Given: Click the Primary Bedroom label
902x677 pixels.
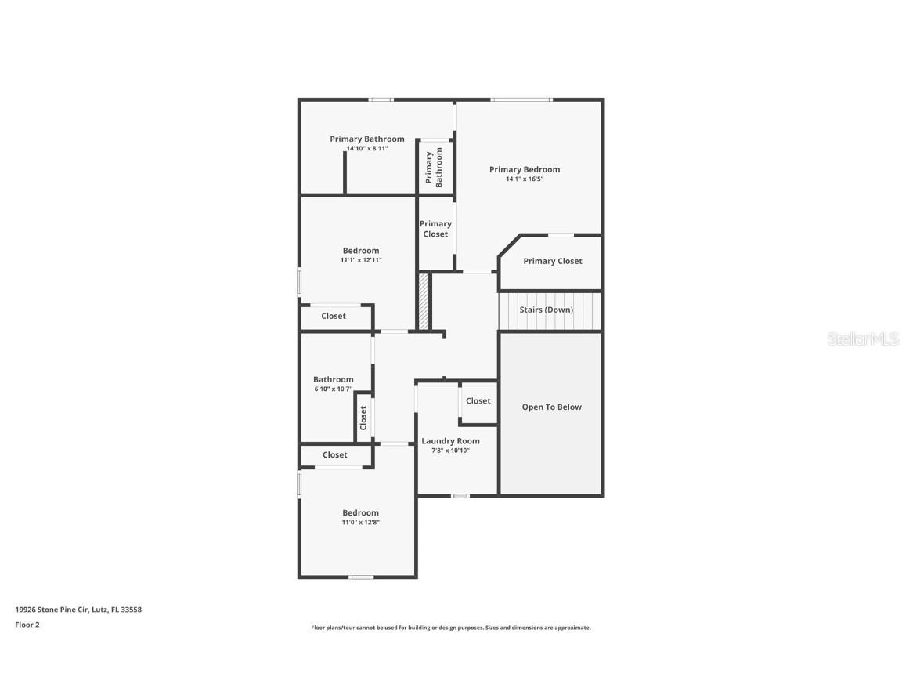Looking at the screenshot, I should [x=525, y=169].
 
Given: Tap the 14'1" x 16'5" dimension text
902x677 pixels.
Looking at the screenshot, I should [x=525, y=179].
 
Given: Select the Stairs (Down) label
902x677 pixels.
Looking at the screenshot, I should [x=546, y=310].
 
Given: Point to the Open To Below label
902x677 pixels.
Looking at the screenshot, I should [x=551, y=407].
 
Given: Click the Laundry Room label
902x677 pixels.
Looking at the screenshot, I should [x=450, y=441].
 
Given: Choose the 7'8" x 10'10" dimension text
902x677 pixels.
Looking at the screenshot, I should [x=450, y=451].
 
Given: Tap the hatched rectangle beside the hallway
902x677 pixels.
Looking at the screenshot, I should [x=424, y=301].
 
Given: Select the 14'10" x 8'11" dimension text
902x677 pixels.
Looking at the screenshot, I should [x=367, y=149].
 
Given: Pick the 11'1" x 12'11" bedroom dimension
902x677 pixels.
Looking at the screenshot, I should [x=360, y=260].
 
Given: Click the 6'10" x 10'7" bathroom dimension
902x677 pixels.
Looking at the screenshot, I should [x=333, y=389].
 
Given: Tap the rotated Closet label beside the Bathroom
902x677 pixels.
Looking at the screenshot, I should [x=363, y=418].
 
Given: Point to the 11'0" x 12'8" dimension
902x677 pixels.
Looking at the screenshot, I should [x=360, y=523].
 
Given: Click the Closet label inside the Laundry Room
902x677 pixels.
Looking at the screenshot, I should [x=478, y=401].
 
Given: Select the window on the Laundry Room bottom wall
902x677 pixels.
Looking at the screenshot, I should [x=460, y=495].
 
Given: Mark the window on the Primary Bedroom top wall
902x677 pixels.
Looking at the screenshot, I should [x=521, y=100].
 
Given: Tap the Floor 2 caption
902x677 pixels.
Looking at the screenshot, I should [x=27, y=625].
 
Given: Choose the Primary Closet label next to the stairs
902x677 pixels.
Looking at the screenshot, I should [x=552, y=262].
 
